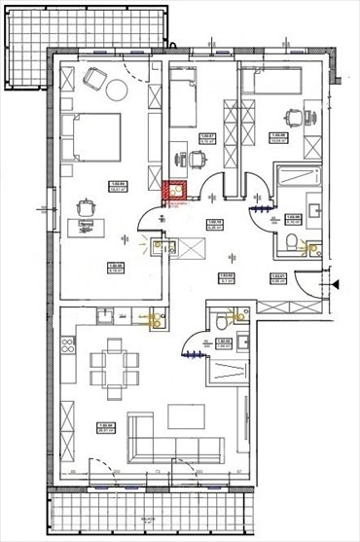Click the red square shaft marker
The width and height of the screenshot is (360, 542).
point(176,192)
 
